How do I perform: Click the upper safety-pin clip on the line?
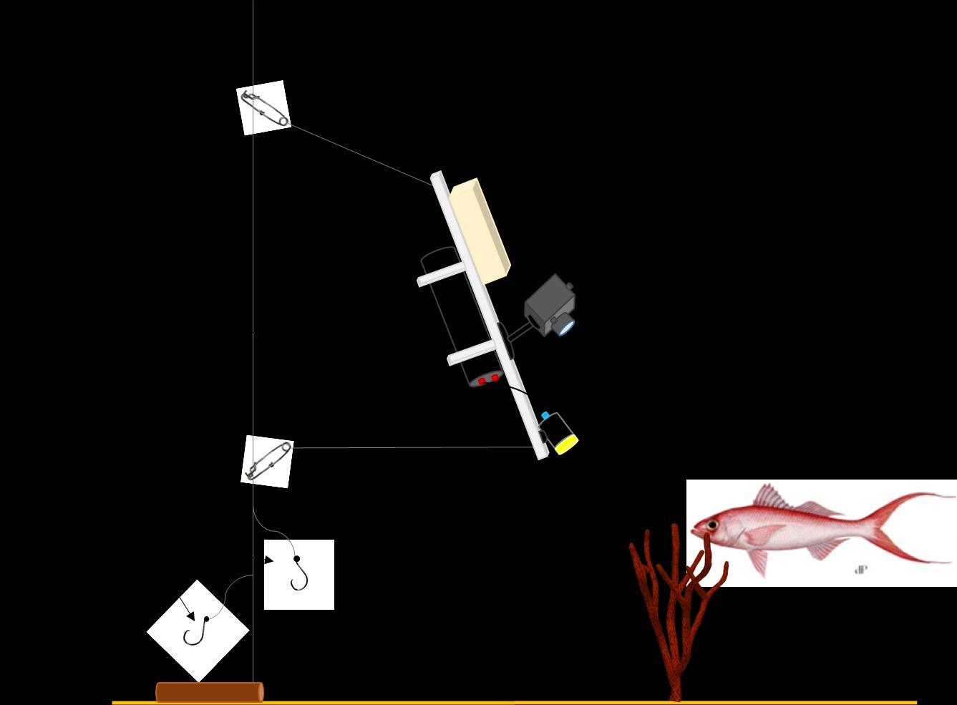263,108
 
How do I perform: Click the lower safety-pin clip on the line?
267,461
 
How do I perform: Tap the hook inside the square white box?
299,574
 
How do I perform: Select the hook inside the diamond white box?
195,631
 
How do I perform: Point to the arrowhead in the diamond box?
190,615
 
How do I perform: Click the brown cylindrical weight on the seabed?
209,692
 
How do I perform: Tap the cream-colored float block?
480,229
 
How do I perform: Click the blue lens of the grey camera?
565,327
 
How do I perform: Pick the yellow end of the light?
566,444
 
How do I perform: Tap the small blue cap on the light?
545,416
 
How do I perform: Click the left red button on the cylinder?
482,381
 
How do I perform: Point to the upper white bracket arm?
442,275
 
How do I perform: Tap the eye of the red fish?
712,526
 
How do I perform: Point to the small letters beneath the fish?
861,570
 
